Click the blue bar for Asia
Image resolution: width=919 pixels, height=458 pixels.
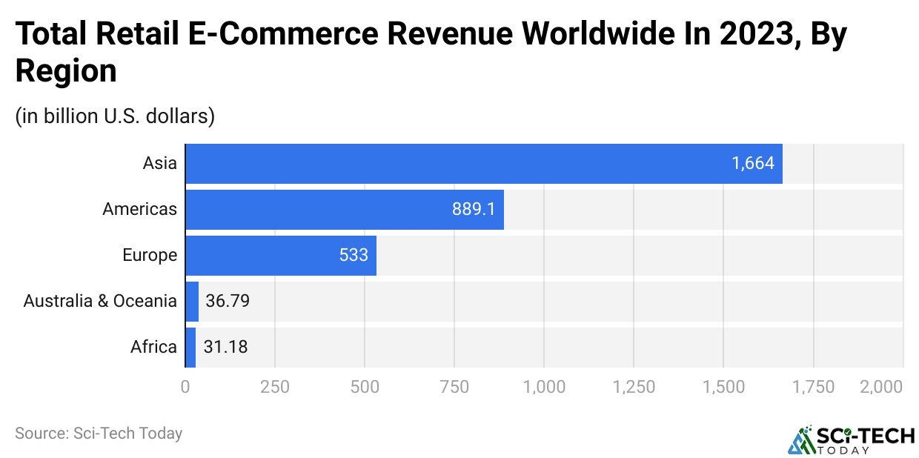point(483,164)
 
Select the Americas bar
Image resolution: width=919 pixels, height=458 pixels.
point(345,210)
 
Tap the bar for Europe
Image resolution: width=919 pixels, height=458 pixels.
point(281,256)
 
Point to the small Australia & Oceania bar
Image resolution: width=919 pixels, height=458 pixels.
point(192,301)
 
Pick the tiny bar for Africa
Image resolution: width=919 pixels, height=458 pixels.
point(190,347)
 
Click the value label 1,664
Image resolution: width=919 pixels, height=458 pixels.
point(753,164)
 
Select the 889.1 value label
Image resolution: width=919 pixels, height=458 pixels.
point(474,210)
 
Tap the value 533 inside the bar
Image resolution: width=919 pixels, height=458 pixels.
point(354,256)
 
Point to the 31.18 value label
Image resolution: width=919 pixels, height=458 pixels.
point(225,347)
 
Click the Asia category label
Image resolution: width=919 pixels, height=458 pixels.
point(160,164)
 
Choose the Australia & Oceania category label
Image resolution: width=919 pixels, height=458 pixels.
point(100,301)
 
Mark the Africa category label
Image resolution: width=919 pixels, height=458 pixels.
point(154,347)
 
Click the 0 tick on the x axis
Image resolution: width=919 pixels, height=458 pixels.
point(185,387)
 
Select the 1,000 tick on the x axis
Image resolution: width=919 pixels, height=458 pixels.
point(544,387)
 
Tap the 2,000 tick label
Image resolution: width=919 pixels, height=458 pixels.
point(883,387)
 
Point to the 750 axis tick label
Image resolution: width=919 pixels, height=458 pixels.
point(454,387)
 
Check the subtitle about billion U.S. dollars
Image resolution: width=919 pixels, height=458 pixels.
point(115,116)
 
